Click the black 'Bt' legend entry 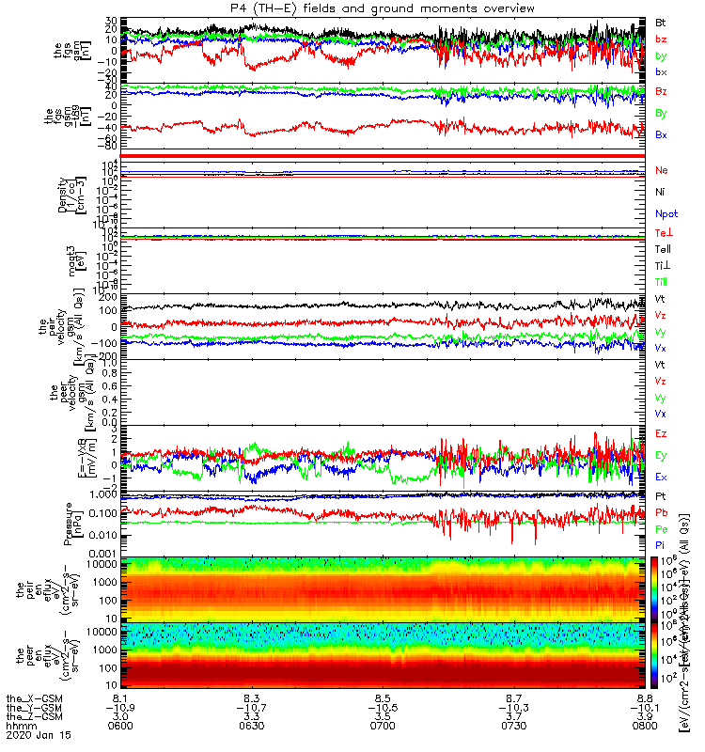click(x=663, y=21)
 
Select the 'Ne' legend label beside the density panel click(x=663, y=170)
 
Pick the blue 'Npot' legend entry click(x=666, y=214)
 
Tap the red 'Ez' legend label click(x=663, y=433)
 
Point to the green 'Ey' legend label click(x=663, y=455)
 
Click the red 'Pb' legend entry click(x=663, y=513)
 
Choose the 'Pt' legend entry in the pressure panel click(x=663, y=495)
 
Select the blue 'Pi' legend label click(x=663, y=546)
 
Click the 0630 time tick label click(x=252, y=724)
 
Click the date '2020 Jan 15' click(x=33, y=735)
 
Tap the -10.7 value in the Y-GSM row click(x=252, y=707)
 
